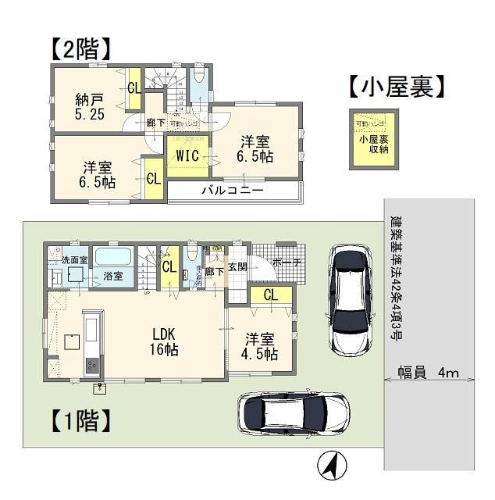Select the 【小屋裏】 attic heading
coord(397,87)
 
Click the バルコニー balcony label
coord(232,190)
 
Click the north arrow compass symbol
coord(329,466)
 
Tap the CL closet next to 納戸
coord(134,87)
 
